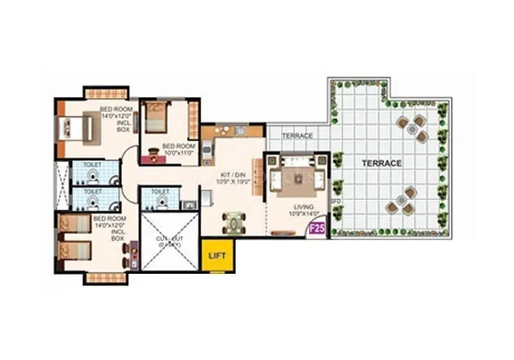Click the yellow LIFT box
click(x=216, y=255)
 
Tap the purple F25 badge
click(x=317, y=228)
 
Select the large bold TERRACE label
click(x=381, y=163)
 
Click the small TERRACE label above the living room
click(x=297, y=136)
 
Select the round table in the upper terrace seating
click(x=412, y=129)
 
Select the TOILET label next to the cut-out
click(x=161, y=191)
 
